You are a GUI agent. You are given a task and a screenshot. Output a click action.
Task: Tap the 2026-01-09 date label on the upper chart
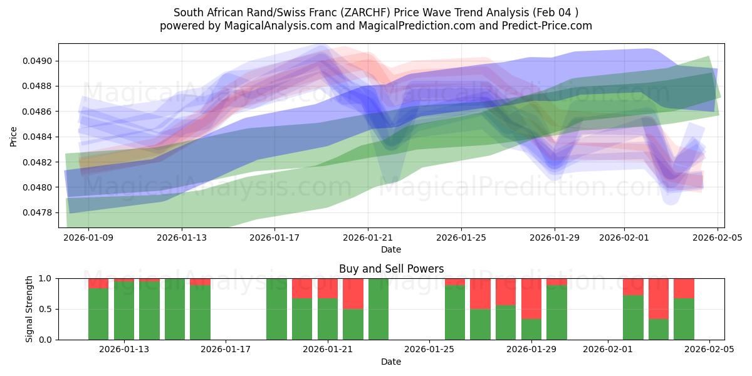tap(88, 238)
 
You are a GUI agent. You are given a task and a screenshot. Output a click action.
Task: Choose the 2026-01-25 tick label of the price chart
tap(461, 238)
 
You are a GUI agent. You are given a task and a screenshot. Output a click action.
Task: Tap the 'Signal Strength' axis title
tap(29, 309)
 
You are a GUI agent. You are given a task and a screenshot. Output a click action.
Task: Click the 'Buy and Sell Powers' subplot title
tap(391, 269)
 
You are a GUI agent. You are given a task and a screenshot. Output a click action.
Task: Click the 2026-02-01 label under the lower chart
tap(608, 350)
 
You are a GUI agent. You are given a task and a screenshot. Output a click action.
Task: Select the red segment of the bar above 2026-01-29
tap(531, 298)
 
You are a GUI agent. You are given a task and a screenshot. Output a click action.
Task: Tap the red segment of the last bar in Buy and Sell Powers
tap(684, 288)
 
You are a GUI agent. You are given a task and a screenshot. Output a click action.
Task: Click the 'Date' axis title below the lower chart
tap(391, 362)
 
